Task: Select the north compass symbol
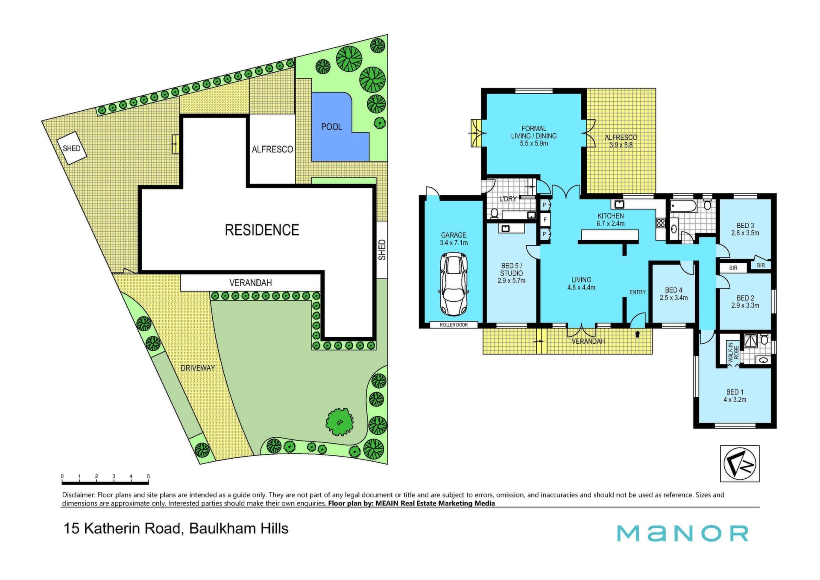coord(740,464)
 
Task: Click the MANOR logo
coord(682,533)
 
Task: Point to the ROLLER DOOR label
coord(454,325)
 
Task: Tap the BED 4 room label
coord(674,294)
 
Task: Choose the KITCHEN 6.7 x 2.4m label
coord(611,220)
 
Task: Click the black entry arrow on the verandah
coord(638,334)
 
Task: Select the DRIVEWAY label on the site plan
coord(198,368)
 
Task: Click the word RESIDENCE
coord(262,230)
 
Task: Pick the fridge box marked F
coord(545,220)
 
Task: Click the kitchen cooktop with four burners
coord(661,223)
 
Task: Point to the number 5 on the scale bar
coord(148,476)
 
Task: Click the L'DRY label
coord(508,199)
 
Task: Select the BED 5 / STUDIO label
coord(511,273)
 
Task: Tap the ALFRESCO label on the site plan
coord(272,149)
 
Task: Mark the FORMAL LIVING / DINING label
coord(534,136)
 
